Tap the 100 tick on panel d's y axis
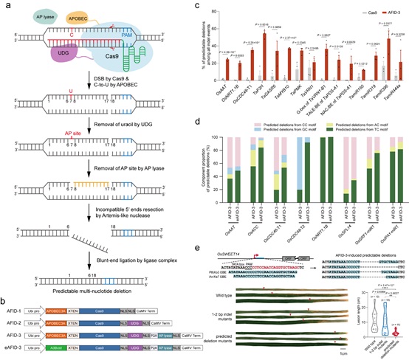tap(204, 137)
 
